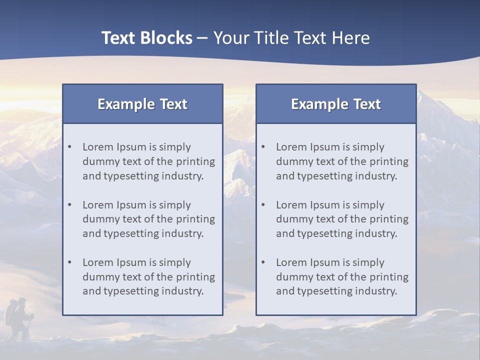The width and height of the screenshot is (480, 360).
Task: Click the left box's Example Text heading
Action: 142,104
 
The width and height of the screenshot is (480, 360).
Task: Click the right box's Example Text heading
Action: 336,104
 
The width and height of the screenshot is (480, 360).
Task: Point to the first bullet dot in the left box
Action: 70,147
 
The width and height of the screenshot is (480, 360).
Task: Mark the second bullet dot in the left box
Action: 70,205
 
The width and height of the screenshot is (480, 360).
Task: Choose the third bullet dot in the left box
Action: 70,262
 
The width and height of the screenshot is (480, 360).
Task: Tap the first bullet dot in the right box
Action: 263,147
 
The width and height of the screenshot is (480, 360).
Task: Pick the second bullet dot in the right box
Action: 263,205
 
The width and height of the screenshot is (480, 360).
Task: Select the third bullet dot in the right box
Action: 263,262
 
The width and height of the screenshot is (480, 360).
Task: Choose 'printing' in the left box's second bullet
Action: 195,219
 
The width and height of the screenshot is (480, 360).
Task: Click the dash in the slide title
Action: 202,38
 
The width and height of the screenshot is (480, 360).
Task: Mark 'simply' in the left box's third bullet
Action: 175,262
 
